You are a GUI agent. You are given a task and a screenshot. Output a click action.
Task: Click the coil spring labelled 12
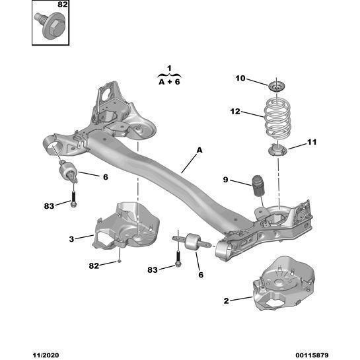[277, 118]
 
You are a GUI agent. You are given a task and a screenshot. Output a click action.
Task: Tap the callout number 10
[240, 79]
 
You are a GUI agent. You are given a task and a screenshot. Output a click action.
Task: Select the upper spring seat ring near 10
[277, 87]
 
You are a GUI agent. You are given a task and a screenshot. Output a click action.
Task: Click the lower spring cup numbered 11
[278, 151]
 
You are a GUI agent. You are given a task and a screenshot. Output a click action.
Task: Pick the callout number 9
[225, 180]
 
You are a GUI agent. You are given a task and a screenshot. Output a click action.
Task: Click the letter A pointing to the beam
[199, 150]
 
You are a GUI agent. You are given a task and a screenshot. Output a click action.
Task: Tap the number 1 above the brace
[169, 68]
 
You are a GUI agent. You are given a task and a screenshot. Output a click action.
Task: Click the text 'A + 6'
[169, 82]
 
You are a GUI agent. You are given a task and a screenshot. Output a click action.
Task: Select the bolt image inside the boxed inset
[50, 25]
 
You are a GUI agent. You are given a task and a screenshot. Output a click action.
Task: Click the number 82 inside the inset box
[63, 5]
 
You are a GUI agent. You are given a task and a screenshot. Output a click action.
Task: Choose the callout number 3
[71, 239]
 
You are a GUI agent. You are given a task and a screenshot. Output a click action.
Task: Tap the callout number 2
[226, 301]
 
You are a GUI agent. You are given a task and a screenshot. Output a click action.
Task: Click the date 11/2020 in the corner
[46, 355]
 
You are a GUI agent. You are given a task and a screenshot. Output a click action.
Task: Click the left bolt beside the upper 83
[73, 199]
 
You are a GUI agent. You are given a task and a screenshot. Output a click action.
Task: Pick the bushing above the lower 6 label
[192, 241]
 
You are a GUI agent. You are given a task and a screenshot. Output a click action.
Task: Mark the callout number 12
[235, 112]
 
